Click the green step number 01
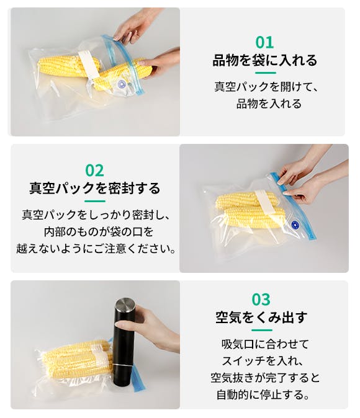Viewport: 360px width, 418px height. [264, 43]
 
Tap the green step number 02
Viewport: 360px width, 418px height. [94, 171]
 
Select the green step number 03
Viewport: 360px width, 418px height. [261, 300]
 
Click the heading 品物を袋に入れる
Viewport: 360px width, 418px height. [265, 60]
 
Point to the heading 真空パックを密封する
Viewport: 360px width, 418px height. [95, 188]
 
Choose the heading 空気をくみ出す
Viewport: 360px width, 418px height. [261, 318]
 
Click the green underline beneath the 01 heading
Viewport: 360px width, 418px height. [265, 73]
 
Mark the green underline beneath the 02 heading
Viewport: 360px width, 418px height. [95, 201]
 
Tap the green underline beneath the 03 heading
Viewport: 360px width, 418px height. [262, 330]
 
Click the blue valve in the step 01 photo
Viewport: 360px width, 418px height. [122, 84]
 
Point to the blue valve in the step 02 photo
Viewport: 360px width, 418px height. [295, 225]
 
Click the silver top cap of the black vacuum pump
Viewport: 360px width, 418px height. [125, 305]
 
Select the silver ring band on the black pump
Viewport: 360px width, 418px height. [123, 365]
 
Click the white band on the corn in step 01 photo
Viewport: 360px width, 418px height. [89, 64]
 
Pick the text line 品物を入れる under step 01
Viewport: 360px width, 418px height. [269, 104]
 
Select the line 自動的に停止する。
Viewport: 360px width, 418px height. [263, 394]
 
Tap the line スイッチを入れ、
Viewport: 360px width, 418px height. [263, 361]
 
